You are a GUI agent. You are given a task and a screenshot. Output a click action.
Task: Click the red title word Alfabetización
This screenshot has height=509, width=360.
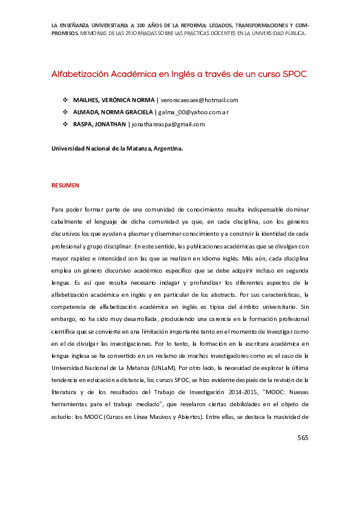pos(79,74)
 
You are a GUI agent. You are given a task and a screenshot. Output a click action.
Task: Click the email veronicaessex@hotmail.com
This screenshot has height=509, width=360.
pos(199,100)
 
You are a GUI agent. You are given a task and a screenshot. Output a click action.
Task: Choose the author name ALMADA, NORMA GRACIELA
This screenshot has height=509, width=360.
pos(113,112)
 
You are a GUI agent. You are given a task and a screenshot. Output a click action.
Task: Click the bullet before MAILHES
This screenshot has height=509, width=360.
pos(65,100)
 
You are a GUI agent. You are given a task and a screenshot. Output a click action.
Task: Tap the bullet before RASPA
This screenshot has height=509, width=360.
pos(65,124)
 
